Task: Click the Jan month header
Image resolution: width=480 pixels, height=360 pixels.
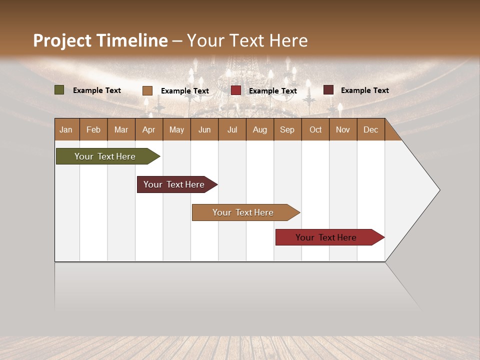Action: click(66, 129)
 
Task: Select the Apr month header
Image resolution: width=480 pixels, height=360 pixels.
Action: click(148, 129)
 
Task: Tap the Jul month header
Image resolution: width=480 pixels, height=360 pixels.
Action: click(232, 129)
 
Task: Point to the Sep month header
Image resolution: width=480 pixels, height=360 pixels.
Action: click(287, 129)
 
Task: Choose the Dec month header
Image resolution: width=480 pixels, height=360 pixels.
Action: click(370, 129)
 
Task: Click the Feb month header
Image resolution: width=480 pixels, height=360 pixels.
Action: click(93, 129)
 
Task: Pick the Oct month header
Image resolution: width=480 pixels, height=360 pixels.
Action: click(315, 129)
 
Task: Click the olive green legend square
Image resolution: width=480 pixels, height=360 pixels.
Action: click(59, 90)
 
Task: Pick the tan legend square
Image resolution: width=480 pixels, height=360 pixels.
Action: click(147, 90)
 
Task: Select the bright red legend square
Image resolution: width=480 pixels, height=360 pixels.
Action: click(236, 90)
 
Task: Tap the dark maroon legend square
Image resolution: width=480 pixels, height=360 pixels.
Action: click(328, 90)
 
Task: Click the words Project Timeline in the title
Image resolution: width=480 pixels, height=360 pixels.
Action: click(100, 40)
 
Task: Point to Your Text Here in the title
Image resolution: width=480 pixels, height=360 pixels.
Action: click(247, 40)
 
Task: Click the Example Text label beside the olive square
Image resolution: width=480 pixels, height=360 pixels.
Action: click(97, 90)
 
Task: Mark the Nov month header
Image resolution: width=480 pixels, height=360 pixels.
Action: click(343, 129)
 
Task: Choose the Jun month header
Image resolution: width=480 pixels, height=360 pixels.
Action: click(204, 129)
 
